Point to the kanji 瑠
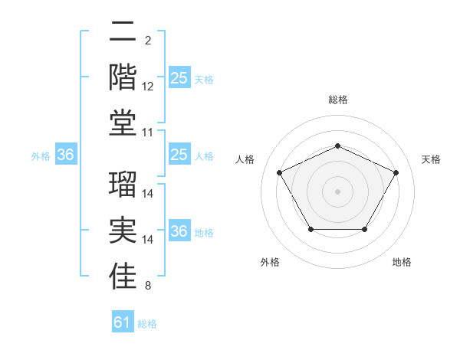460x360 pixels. pyautogui.click(x=123, y=185)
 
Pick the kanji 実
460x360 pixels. pyautogui.click(x=123, y=231)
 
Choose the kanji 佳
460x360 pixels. pyautogui.click(x=123, y=278)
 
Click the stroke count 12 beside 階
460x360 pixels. pyautogui.click(x=148, y=87)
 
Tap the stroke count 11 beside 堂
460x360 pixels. pyautogui.click(x=148, y=133)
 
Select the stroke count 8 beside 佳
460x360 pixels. pyautogui.click(x=148, y=286)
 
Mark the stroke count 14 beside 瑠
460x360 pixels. pyautogui.click(x=148, y=192)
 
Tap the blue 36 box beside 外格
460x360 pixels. pyautogui.click(x=65, y=155)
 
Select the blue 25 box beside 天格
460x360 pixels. pyautogui.click(x=179, y=77)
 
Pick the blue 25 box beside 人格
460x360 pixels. pyautogui.click(x=179, y=155)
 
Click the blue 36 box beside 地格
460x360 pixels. pyautogui.click(x=179, y=231)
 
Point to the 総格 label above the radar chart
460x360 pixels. pyautogui.click(x=337, y=100)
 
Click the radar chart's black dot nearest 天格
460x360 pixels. pyautogui.click(x=396, y=172)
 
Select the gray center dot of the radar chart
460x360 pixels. pyautogui.click(x=337, y=191)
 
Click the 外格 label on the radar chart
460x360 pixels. pyautogui.click(x=270, y=262)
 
